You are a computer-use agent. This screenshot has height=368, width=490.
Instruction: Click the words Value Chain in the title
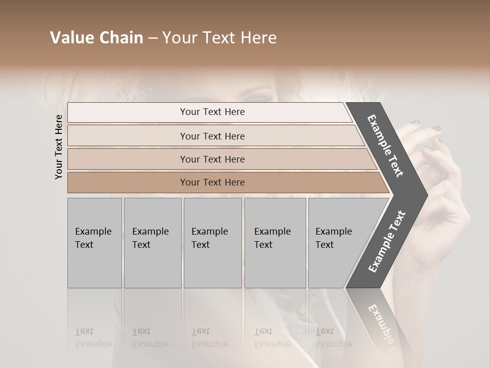[96, 38]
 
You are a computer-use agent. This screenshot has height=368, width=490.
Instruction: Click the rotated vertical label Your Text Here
[59, 147]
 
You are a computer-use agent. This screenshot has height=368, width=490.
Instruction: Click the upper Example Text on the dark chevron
[385, 146]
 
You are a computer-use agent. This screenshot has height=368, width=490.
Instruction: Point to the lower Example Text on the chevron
[387, 241]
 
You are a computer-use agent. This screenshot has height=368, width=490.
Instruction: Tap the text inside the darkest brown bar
[212, 182]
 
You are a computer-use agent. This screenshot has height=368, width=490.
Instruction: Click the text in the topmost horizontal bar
[212, 112]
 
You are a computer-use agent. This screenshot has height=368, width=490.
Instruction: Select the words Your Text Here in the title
[219, 38]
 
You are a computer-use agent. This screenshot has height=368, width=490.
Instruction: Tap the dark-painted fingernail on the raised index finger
[416, 123]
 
